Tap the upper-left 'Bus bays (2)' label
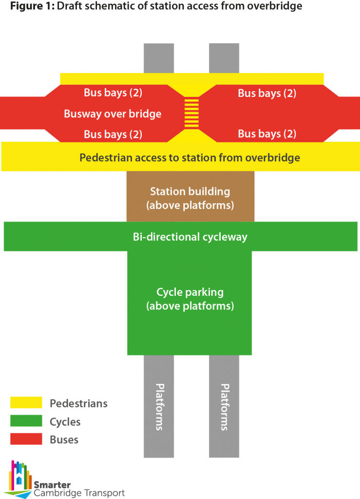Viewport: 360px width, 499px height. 113,93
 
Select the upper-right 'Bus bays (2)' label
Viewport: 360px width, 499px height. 267,93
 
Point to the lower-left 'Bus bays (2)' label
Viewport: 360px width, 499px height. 113,134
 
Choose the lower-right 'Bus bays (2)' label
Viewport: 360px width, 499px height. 267,134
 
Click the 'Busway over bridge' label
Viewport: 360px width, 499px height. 113,114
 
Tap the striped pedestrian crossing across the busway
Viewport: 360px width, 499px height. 192,113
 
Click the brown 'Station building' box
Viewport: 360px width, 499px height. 190,198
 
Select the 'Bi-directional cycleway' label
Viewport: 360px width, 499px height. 190,237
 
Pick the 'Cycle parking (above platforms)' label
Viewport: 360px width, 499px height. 190,299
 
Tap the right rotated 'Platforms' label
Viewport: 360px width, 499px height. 225,406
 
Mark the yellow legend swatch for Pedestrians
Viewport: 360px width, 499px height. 26,403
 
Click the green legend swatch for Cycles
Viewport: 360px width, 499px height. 26,421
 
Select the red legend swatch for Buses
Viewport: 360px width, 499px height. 26,439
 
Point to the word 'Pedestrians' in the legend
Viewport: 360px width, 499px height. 78,403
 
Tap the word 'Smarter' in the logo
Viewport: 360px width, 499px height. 52,484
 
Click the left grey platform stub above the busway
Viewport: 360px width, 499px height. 159,58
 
